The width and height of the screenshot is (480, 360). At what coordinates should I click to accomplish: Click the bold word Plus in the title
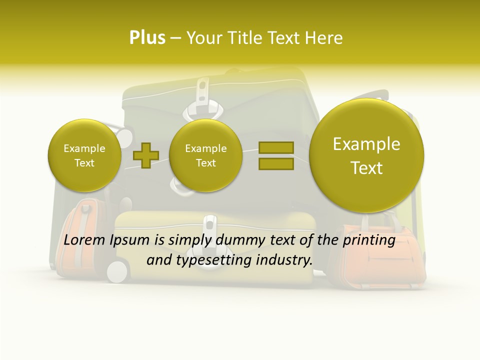click(x=147, y=37)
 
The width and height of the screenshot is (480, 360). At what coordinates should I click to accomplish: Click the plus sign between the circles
click(x=145, y=155)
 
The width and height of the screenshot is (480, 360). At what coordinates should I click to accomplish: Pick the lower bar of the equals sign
click(x=275, y=163)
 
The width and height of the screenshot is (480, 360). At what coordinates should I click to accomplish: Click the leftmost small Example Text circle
click(x=84, y=155)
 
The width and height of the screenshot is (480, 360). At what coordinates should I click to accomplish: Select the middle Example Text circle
click(x=205, y=155)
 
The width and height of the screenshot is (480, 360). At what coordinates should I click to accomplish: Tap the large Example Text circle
click(x=366, y=155)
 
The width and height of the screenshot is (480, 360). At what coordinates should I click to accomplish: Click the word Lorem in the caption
click(x=84, y=240)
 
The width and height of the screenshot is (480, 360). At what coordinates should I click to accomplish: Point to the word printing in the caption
click(x=368, y=240)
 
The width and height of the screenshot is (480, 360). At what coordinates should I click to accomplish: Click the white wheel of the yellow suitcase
click(x=117, y=271)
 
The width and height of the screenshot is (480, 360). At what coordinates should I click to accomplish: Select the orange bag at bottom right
click(x=380, y=260)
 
